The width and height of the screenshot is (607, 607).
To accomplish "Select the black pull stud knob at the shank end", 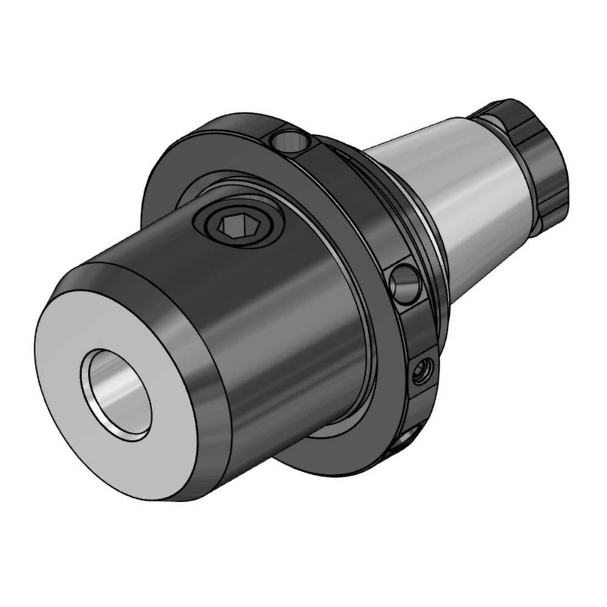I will pos(534,152).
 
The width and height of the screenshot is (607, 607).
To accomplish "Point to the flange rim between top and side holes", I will pos(352,200).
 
